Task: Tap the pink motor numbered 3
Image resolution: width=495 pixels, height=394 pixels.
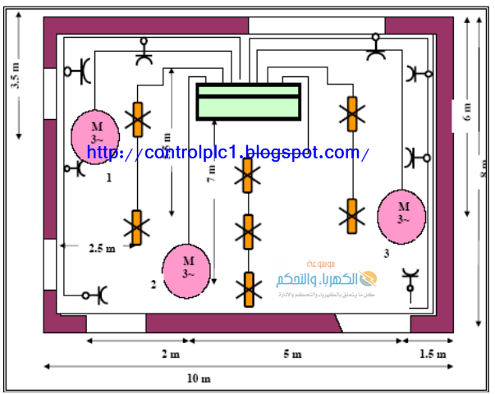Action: point(402,215)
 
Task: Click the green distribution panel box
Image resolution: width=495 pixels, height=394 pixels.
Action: point(248,102)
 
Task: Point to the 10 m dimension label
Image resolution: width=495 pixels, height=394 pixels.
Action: point(199,378)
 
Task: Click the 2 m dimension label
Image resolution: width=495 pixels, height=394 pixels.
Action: point(169,354)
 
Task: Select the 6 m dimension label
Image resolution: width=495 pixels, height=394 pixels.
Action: point(468,113)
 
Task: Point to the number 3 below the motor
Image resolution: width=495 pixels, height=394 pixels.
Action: point(386,253)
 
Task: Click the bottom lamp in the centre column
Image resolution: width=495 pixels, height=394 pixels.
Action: point(246,290)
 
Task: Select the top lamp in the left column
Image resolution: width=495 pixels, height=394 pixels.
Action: point(136,120)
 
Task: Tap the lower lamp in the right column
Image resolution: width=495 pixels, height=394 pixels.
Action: point(352,214)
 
